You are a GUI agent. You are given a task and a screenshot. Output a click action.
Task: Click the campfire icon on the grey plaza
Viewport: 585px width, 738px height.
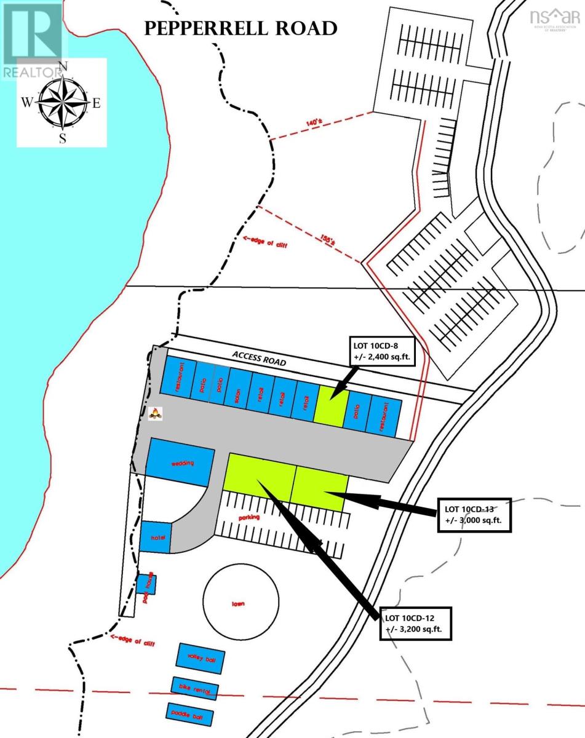pyautogui.click(x=156, y=415)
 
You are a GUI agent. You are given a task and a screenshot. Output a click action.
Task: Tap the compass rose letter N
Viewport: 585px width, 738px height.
pyautogui.click(x=62, y=66)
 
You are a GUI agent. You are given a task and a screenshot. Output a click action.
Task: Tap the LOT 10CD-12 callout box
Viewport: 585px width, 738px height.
pyautogui.click(x=418, y=622)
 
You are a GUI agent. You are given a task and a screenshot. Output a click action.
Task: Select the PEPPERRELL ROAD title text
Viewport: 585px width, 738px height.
pyautogui.click(x=240, y=28)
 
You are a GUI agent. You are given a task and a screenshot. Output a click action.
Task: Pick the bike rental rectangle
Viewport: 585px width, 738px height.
pyautogui.click(x=195, y=689)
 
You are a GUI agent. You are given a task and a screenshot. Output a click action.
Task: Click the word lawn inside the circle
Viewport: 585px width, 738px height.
pyautogui.click(x=238, y=603)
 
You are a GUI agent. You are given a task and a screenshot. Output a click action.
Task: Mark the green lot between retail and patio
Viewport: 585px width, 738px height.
pyautogui.click(x=330, y=404)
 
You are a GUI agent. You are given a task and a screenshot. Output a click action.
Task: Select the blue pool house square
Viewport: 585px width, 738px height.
pyautogui.click(x=146, y=584)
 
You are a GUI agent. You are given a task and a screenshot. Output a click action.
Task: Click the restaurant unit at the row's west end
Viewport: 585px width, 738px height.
pyautogui.click(x=179, y=376)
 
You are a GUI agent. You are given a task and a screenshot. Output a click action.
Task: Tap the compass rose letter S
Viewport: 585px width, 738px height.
pyautogui.click(x=62, y=138)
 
